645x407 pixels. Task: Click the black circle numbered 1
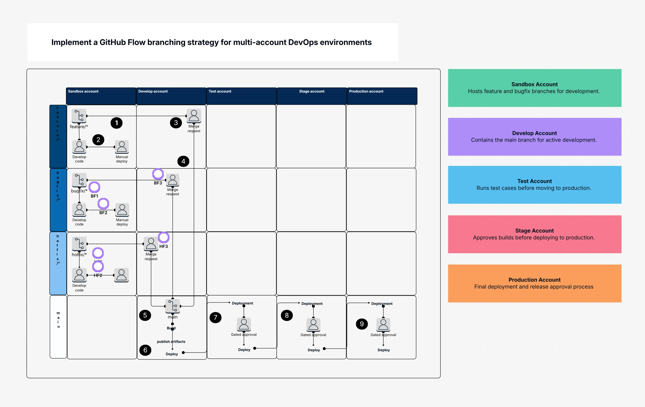[x=116, y=123]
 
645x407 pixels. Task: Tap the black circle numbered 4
[x=183, y=161]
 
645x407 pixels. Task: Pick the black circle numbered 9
[x=362, y=324]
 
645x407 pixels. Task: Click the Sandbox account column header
[x=101, y=96]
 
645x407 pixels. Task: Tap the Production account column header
[x=382, y=96]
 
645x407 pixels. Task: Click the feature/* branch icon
[x=79, y=116]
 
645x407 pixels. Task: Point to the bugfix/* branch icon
[x=79, y=180]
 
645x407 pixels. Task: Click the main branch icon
[x=172, y=306]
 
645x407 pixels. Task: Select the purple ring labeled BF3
[x=158, y=174]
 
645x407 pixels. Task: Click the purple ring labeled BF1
[x=94, y=187]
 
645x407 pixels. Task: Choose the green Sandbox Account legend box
[x=534, y=88]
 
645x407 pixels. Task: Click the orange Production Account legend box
[x=534, y=283]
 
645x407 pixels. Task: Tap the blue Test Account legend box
[x=534, y=185]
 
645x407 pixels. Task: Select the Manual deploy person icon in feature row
[x=122, y=147]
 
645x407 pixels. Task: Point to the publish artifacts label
[x=171, y=341]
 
